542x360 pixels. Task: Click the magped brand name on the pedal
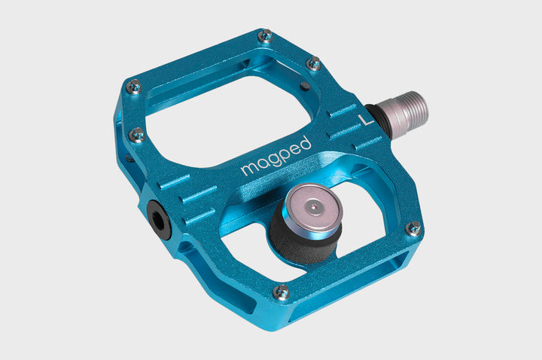point(276,156)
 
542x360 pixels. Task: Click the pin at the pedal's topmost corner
point(264,35)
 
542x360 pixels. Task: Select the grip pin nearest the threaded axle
point(314,64)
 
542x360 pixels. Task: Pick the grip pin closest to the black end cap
point(137,135)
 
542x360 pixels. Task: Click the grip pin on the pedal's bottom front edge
point(282,291)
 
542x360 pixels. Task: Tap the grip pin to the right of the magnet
point(413,227)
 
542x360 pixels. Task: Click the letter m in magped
point(248,170)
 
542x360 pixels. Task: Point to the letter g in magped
point(269,162)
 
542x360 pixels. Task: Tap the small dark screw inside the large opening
point(303,86)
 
